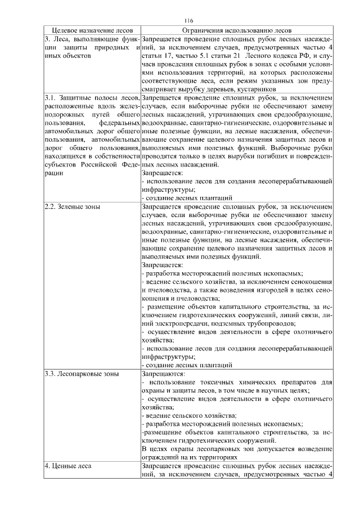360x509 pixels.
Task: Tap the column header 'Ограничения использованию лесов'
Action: click(x=236, y=31)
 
